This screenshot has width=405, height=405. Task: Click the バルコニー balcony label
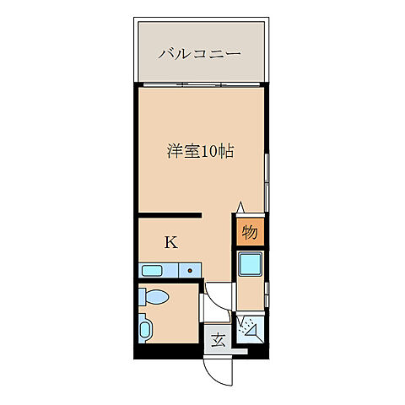pos(200,53)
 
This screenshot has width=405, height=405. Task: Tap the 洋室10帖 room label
pos(200,152)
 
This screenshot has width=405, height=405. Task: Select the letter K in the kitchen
pos(170,242)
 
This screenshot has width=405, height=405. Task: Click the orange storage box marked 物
pos(250,231)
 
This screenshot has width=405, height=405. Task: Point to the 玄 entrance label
pos(218,341)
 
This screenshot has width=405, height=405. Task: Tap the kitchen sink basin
pos(154,271)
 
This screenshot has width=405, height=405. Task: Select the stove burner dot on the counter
pos(191,272)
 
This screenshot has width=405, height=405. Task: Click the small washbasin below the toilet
pos(145,329)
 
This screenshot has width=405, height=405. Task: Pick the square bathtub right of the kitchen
pos(251,266)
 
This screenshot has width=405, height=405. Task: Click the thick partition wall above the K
pos(169,215)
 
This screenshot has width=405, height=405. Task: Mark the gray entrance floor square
pos(218,341)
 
